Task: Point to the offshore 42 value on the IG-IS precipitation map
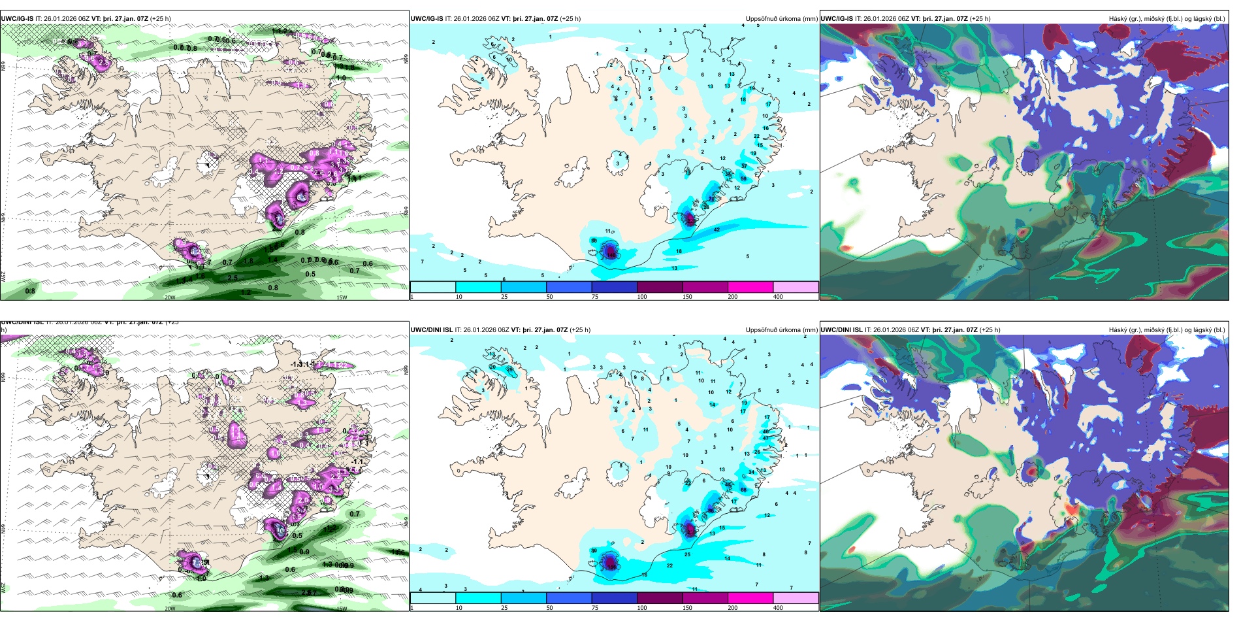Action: point(717,229)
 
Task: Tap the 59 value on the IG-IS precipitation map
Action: point(743,178)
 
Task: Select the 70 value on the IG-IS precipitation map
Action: point(711,199)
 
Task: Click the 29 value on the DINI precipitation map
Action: point(509,369)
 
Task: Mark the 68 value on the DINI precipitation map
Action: point(743,490)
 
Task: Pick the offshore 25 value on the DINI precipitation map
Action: point(687,554)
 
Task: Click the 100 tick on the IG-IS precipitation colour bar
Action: point(642,297)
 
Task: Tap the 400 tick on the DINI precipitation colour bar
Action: point(778,608)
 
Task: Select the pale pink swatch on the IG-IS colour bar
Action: point(796,287)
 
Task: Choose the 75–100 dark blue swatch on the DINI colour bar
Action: point(614,598)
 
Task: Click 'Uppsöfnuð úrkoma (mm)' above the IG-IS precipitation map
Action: point(781,19)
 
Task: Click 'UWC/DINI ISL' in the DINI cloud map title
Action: point(842,330)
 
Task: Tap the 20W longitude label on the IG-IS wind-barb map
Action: point(170,297)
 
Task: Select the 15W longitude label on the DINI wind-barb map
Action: point(341,609)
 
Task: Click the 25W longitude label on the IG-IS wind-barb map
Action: point(3,277)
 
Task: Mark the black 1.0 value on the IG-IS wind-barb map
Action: point(341,78)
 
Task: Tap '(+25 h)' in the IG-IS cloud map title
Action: point(980,19)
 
